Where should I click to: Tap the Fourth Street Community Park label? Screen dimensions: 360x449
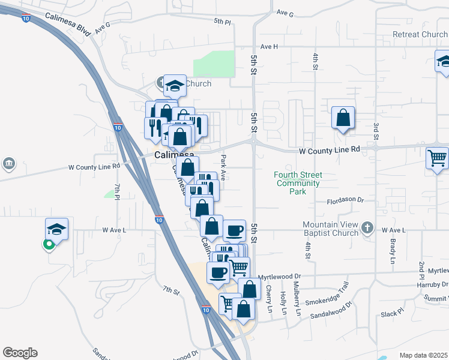pyautogui.click(x=298, y=183)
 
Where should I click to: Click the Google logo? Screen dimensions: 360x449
pyautogui.click(x=20, y=353)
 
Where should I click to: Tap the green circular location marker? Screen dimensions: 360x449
pyautogui.click(x=47, y=244)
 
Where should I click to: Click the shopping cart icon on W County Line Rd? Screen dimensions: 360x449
pyautogui.click(x=437, y=159)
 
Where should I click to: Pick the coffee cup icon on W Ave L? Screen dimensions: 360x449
pyautogui.click(x=234, y=230)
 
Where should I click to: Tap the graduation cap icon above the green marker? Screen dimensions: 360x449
pyautogui.click(x=56, y=229)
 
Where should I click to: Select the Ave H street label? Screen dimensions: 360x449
pyautogui.click(x=270, y=46)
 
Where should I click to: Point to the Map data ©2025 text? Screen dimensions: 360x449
pyautogui.click(x=423, y=355)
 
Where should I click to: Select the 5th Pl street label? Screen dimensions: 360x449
pyautogui.click(x=222, y=21)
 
